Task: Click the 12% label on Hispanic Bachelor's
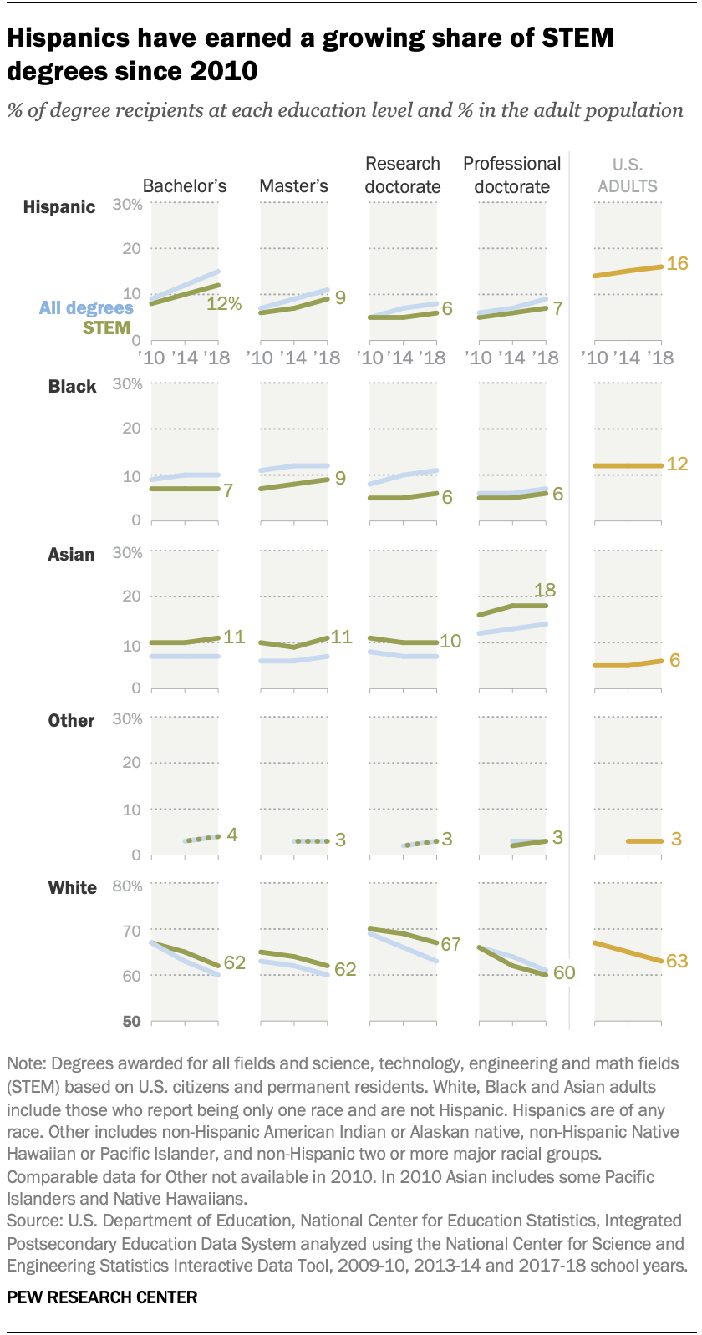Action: [x=224, y=304]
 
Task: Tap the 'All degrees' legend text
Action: [x=86, y=307]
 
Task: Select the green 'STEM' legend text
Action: [x=106, y=327]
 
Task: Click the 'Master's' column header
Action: [x=293, y=185]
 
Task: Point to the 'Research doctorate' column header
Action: [x=403, y=175]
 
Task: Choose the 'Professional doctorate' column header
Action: [x=512, y=175]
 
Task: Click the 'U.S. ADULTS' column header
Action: [x=628, y=175]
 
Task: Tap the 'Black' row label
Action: [x=72, y=387]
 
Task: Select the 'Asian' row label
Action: [x=71, y=555]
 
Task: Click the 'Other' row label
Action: [x=71, y=721]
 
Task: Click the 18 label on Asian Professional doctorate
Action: [x=545, y=590]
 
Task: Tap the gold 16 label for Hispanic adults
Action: [x=677, y=263]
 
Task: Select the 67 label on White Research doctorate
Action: [x=450, y=945]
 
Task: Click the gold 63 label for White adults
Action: [x=676, y=962]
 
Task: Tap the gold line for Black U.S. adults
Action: [x=628, y=465]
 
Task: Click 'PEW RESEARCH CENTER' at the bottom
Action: [x=102, y=1297]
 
